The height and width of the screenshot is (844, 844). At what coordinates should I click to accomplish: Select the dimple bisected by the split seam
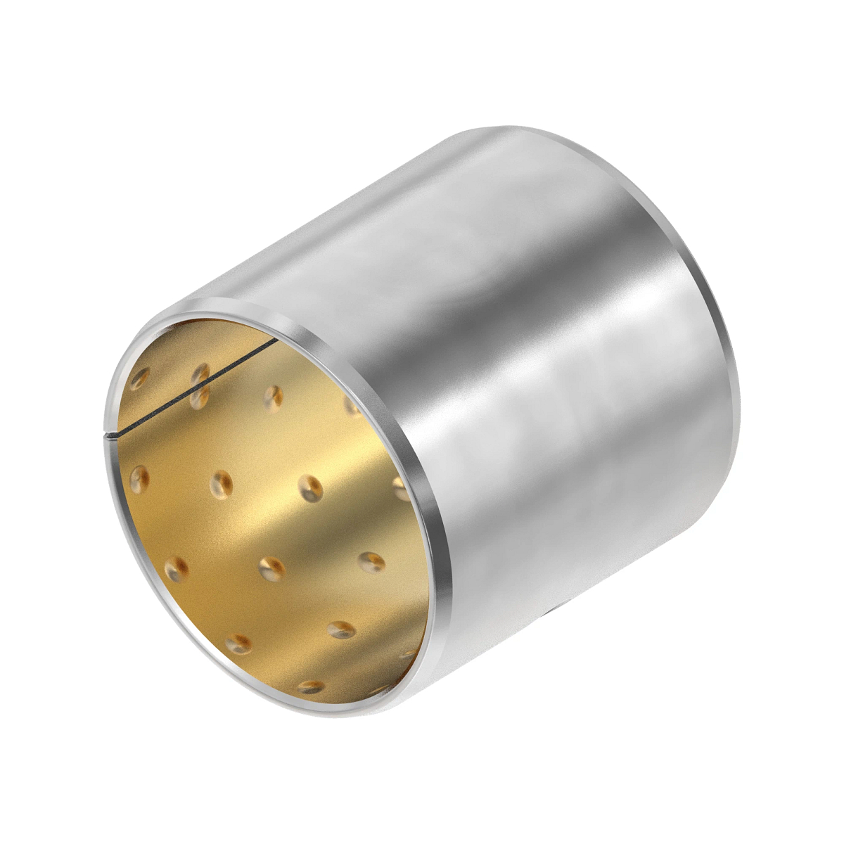pos(200,385)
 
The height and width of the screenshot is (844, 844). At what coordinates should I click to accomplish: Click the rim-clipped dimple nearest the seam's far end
pos(352,406)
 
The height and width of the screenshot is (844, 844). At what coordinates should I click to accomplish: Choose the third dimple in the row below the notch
pos(310,487)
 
